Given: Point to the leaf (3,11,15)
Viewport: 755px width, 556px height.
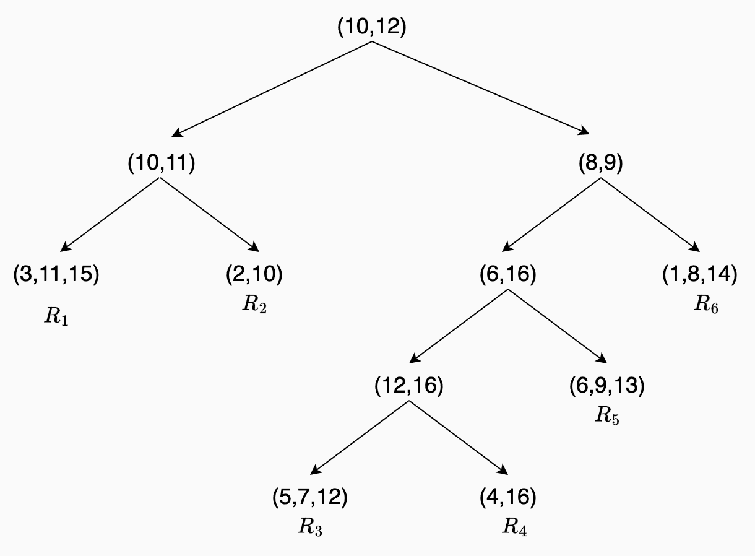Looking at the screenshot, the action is point(56,274).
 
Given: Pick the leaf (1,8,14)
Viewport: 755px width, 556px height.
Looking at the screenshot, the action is point(700,274).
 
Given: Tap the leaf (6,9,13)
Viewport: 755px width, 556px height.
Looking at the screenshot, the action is point(606,385).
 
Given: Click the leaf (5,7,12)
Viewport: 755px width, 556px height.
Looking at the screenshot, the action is point(310,497).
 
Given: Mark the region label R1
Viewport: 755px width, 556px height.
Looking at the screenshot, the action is point(56,317).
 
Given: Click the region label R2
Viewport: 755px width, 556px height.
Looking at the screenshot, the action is point(254,305).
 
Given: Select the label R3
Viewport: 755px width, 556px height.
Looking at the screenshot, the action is point(310,527).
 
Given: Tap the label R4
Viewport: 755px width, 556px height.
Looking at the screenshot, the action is point(514,527).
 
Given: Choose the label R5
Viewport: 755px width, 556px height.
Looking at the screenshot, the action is point(607,415).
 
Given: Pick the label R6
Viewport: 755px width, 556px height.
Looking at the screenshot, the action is point(706,305).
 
